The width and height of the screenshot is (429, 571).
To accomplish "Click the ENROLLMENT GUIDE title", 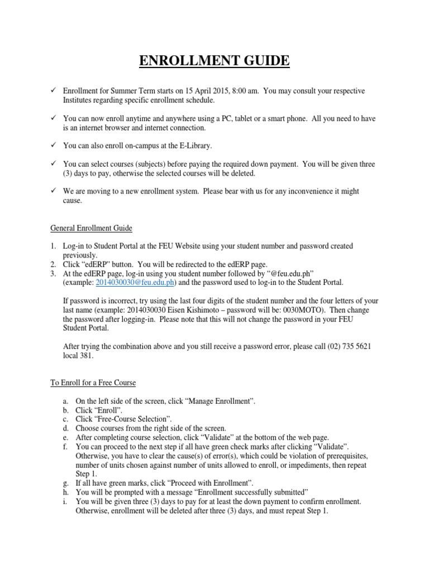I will tap(214, 60).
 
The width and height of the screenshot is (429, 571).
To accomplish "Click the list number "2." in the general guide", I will tap(53, 264).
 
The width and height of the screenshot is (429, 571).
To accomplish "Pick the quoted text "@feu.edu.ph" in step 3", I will tap(287, 273).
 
